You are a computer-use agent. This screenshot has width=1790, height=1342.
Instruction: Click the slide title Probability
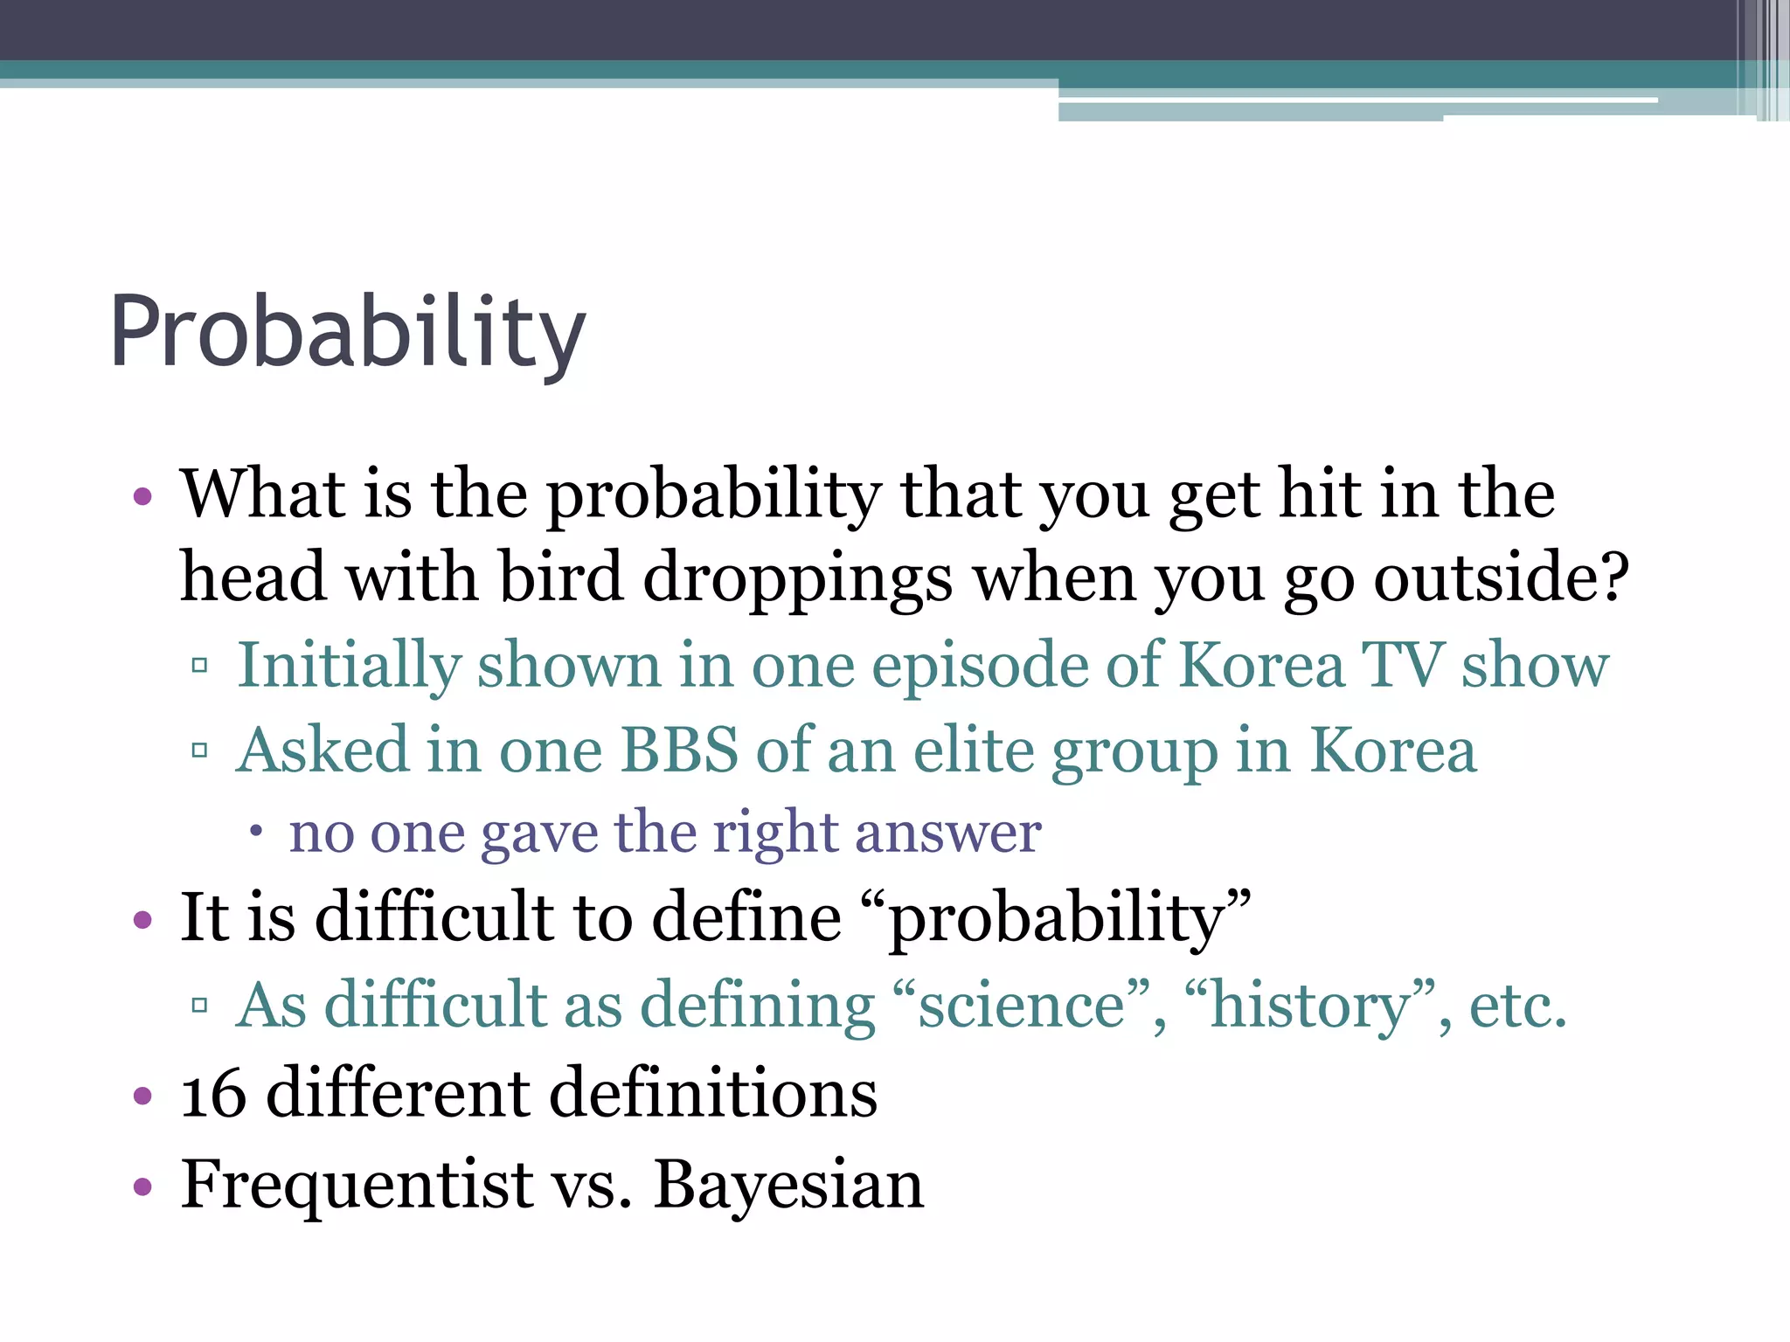(x=347, y=333)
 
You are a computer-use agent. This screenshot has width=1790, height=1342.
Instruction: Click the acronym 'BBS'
(x=679, y=750)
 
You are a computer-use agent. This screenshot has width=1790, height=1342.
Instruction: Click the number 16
(x=213, y=1094)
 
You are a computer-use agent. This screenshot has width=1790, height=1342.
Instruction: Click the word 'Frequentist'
(x=357, y=1185)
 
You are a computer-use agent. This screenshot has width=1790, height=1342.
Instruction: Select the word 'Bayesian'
(x=788, y=1185)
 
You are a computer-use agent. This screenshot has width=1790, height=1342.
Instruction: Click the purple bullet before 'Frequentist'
(x=142, y=1186)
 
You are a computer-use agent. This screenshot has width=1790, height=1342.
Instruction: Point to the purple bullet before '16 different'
(x=142, y=1096)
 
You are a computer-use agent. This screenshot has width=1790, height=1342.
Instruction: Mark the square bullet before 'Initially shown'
(x=199, y=667)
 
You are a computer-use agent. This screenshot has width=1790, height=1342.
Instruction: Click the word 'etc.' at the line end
(x=1517, y=1005)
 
